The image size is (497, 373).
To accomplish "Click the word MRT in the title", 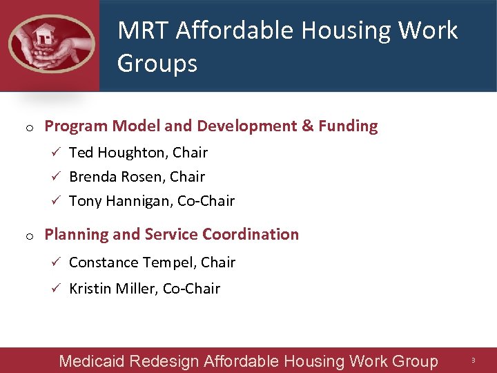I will pos(144,30).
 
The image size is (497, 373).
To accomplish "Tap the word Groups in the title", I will pos(157,64).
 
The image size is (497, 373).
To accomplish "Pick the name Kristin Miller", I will pos(113,289).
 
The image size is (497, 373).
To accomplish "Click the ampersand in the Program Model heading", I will pos(307,126).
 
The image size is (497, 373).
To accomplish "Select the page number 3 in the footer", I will pos(474,361).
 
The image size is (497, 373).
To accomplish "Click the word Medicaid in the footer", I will pos(92,361).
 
